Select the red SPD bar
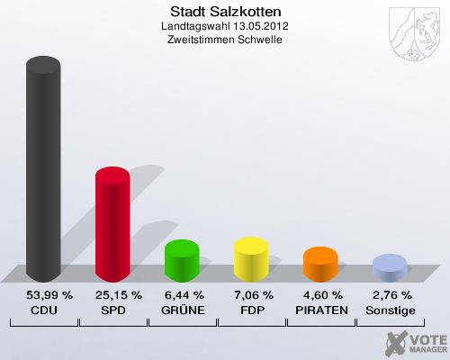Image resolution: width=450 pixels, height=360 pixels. (x=112, y=225)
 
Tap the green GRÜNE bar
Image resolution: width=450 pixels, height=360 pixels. (x=182, y=261)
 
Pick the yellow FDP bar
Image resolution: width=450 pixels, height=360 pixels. (x=251, y=259)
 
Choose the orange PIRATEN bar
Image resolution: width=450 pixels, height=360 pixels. (x=320, y=265)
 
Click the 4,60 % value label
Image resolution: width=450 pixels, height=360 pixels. (x=320, y=294)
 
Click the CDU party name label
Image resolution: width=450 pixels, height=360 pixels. (x=43, y=310)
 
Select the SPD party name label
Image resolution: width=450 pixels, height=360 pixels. (x=112, y=310)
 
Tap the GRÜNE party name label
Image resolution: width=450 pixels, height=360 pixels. (x=182, y=310)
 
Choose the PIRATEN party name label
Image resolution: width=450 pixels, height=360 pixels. (x=320, y=310)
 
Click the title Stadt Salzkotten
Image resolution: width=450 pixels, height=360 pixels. (x=225, y=12)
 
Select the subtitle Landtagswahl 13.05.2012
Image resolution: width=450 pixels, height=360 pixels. (x=225, y=26)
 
